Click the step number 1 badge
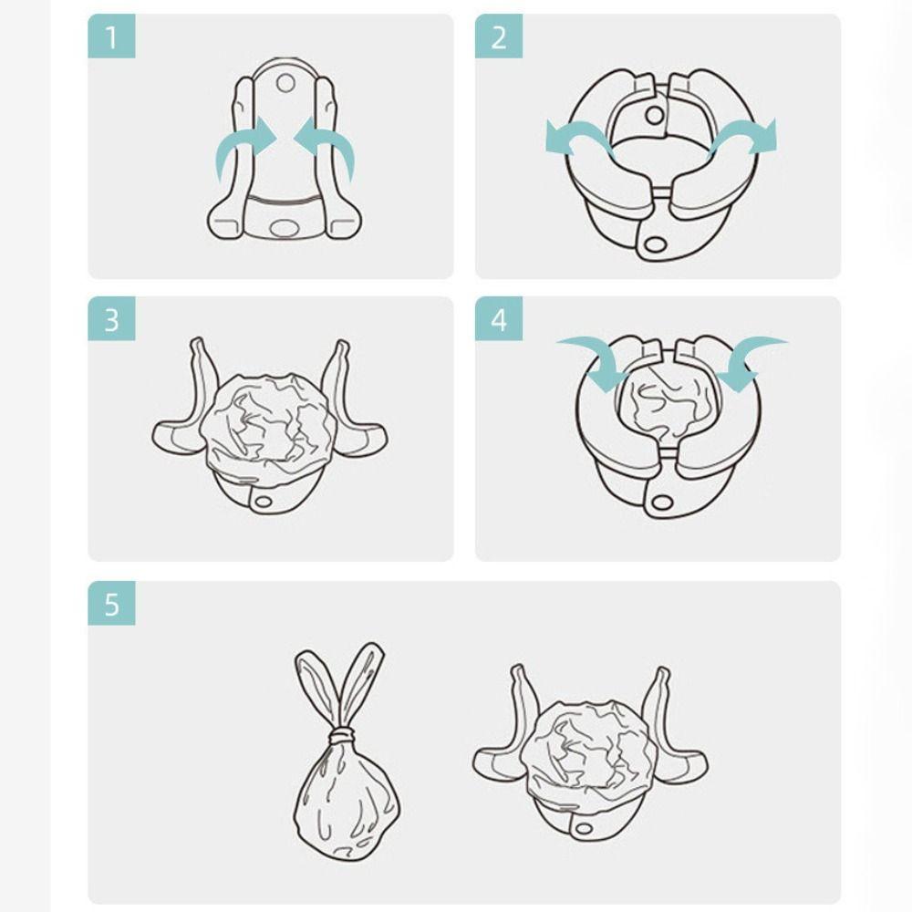[111, 37]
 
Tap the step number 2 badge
[498, 37]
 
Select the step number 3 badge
[111, 319]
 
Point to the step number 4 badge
[498, 319]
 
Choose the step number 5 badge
[111, 604]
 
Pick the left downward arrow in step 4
[594, 360]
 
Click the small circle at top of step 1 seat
[285, 83]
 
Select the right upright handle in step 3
[336, 374]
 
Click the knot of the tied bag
[341, 733]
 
